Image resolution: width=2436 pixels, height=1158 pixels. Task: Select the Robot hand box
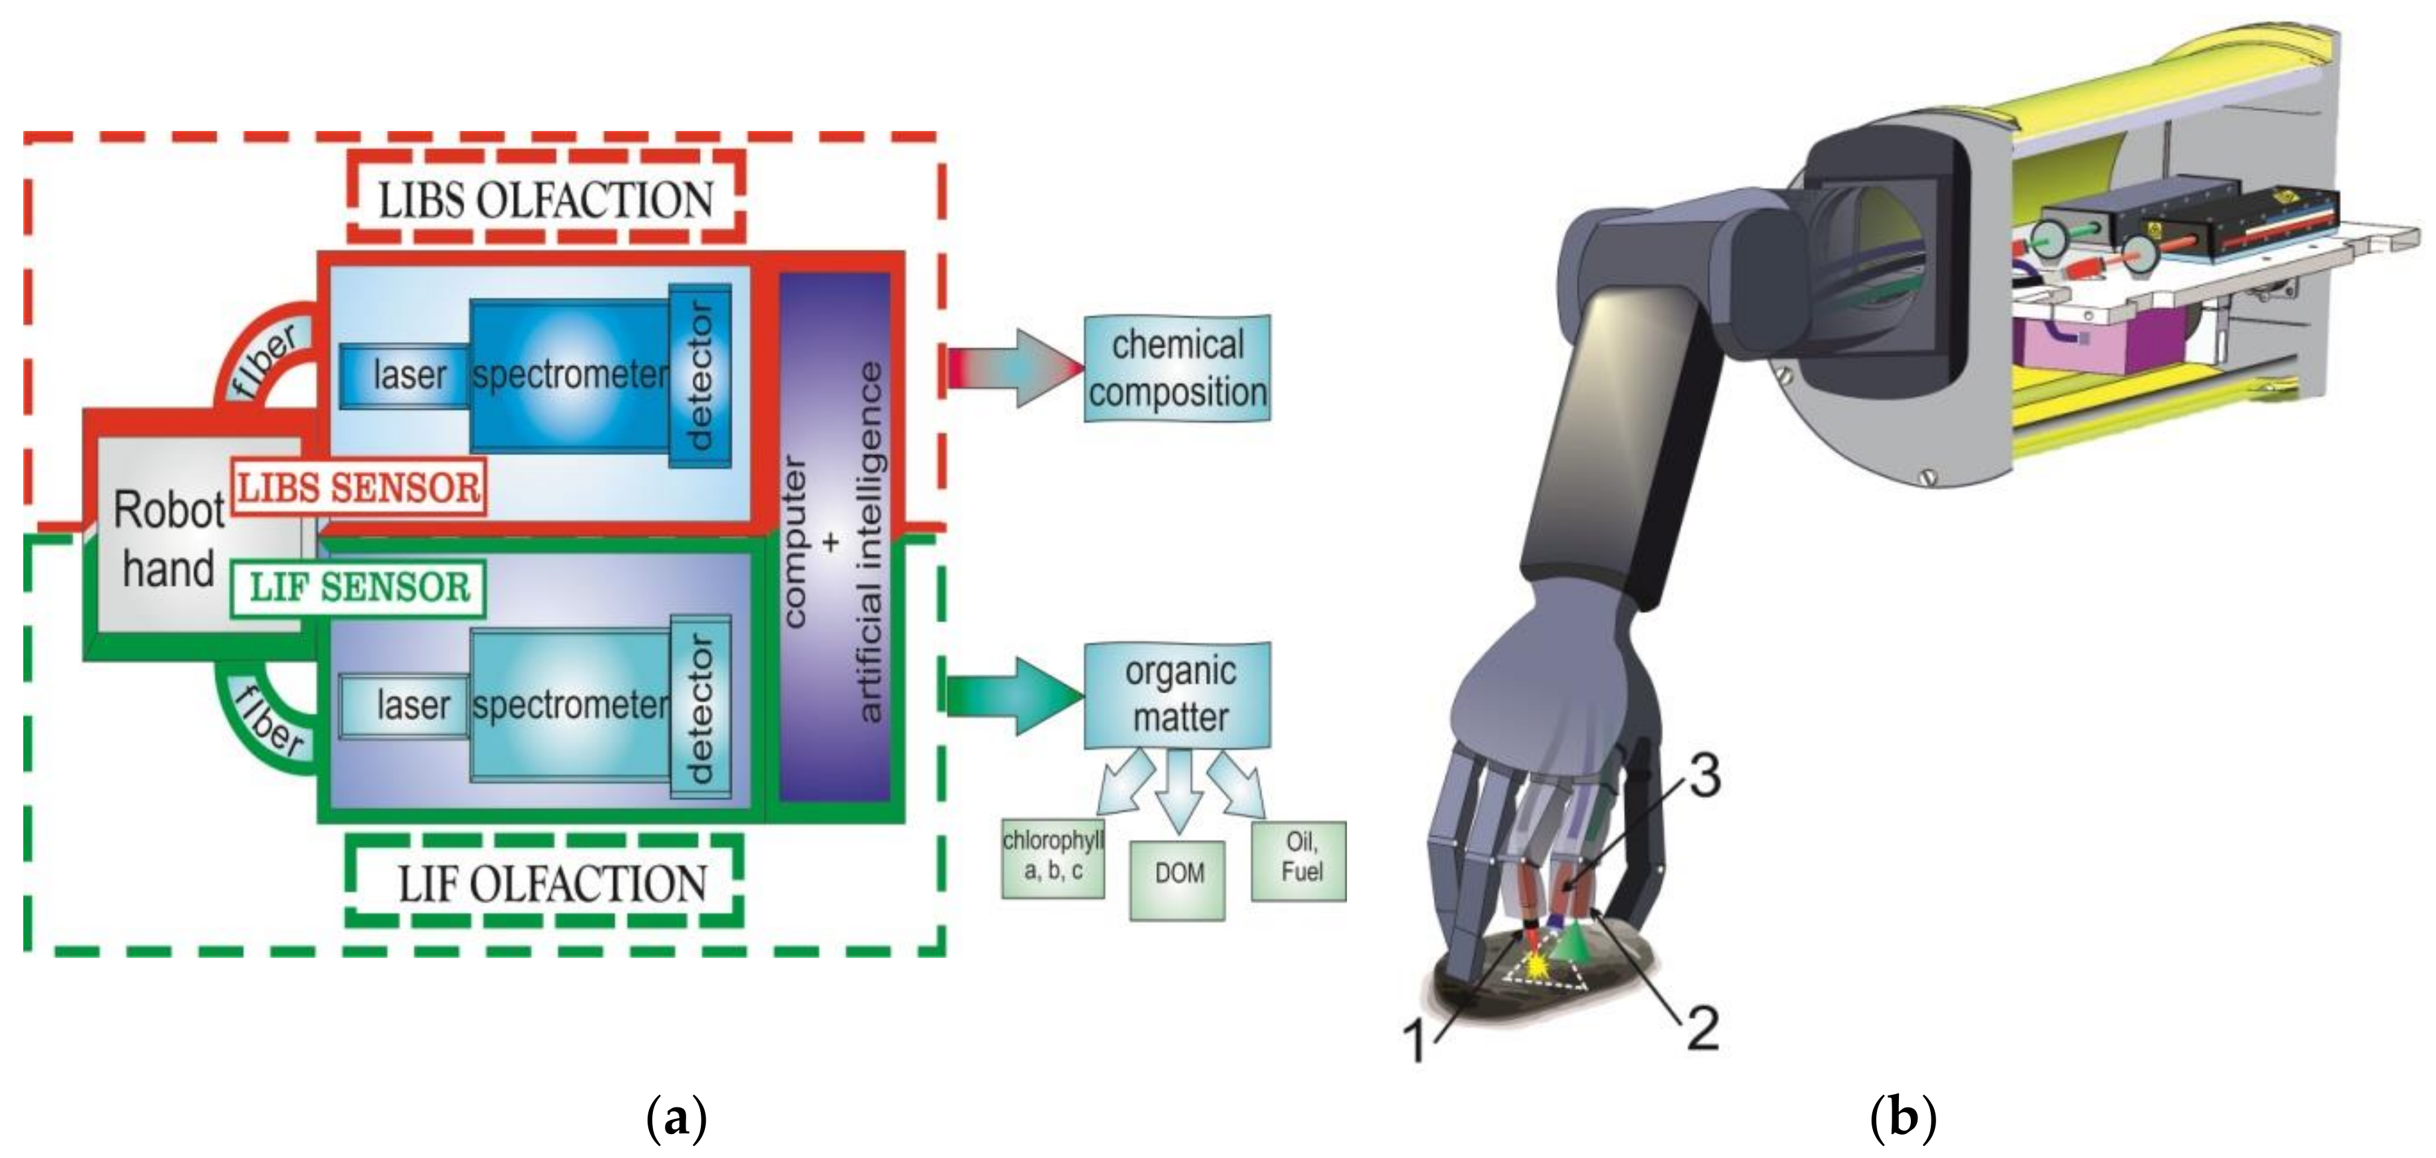click(x=168, y=539)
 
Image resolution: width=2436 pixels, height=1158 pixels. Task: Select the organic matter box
click(x=1178, y=695)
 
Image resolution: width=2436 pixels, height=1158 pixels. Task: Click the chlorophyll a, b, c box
click(x=1052, y=857)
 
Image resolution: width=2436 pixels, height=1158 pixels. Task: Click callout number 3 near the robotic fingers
click(x=1703, y=777)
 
